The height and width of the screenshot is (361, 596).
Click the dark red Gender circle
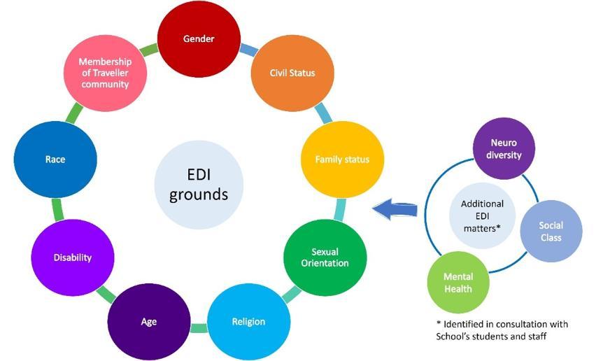coord(199,39)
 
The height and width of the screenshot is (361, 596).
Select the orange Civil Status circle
coord(292,73)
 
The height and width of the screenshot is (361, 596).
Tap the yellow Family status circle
coord(341,160)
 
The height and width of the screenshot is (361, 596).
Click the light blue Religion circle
coord(248,321)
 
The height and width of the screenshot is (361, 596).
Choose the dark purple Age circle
coord(148,321)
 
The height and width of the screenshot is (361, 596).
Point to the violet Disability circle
coord(73,257)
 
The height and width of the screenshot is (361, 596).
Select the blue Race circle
coord(55,160)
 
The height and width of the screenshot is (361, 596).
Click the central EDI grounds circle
coord(199,184)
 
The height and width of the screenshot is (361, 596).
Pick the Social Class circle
coord(550,232)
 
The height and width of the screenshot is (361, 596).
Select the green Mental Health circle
coord(458,282)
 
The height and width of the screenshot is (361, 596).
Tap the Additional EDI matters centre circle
coord(482,215)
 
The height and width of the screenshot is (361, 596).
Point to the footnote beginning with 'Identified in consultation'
coord(501,331)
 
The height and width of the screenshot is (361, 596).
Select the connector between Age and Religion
coord(199,327)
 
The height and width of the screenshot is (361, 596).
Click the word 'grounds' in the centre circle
coord(199,194)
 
